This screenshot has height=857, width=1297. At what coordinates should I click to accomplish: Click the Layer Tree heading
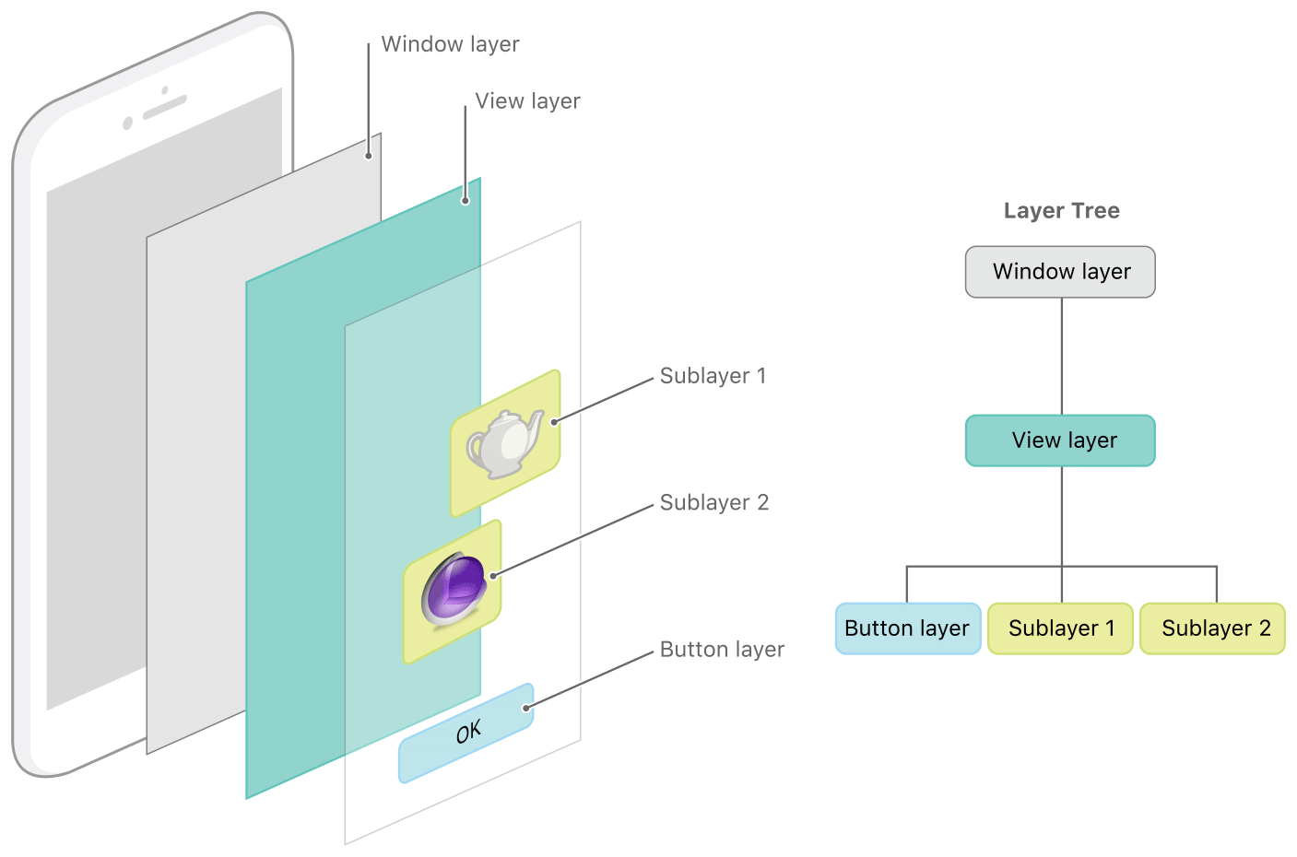click(1061, 211)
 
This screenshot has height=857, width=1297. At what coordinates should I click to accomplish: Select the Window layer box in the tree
click(1060, 272)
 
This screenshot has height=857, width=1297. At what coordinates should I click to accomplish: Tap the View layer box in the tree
click(1060, 440)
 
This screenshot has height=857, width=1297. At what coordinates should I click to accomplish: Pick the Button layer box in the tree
click(907, 628)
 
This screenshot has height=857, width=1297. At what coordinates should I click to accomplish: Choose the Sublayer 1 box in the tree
click(1060, 628)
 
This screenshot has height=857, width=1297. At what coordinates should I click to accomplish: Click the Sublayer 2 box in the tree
click(1213, 628)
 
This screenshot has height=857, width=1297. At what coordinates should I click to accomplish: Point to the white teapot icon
click(505, 444)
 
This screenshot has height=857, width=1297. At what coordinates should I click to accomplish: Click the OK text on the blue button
click(468, 733)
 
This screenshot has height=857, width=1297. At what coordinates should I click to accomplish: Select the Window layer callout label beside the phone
click(450, 44)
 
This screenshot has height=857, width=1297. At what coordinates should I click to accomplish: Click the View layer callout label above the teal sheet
click(527, 101)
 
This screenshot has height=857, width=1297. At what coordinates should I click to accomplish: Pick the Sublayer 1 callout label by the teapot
click(713, 376)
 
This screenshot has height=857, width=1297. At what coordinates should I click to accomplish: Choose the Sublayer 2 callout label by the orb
click(713, 502)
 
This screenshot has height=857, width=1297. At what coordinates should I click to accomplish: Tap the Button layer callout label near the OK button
click(722, 650)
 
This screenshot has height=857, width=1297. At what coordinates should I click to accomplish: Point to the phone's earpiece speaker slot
click(165, 107)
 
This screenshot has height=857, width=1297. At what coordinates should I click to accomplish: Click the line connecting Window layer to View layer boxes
click(1062, 356)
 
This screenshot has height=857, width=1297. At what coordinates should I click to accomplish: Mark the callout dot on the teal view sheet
click(466, 200)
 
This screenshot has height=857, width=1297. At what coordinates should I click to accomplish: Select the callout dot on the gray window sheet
click(369, 156)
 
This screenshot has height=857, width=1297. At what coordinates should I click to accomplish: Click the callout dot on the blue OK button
click(525, 708)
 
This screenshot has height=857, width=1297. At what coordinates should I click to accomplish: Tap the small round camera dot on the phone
click(128, 123)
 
